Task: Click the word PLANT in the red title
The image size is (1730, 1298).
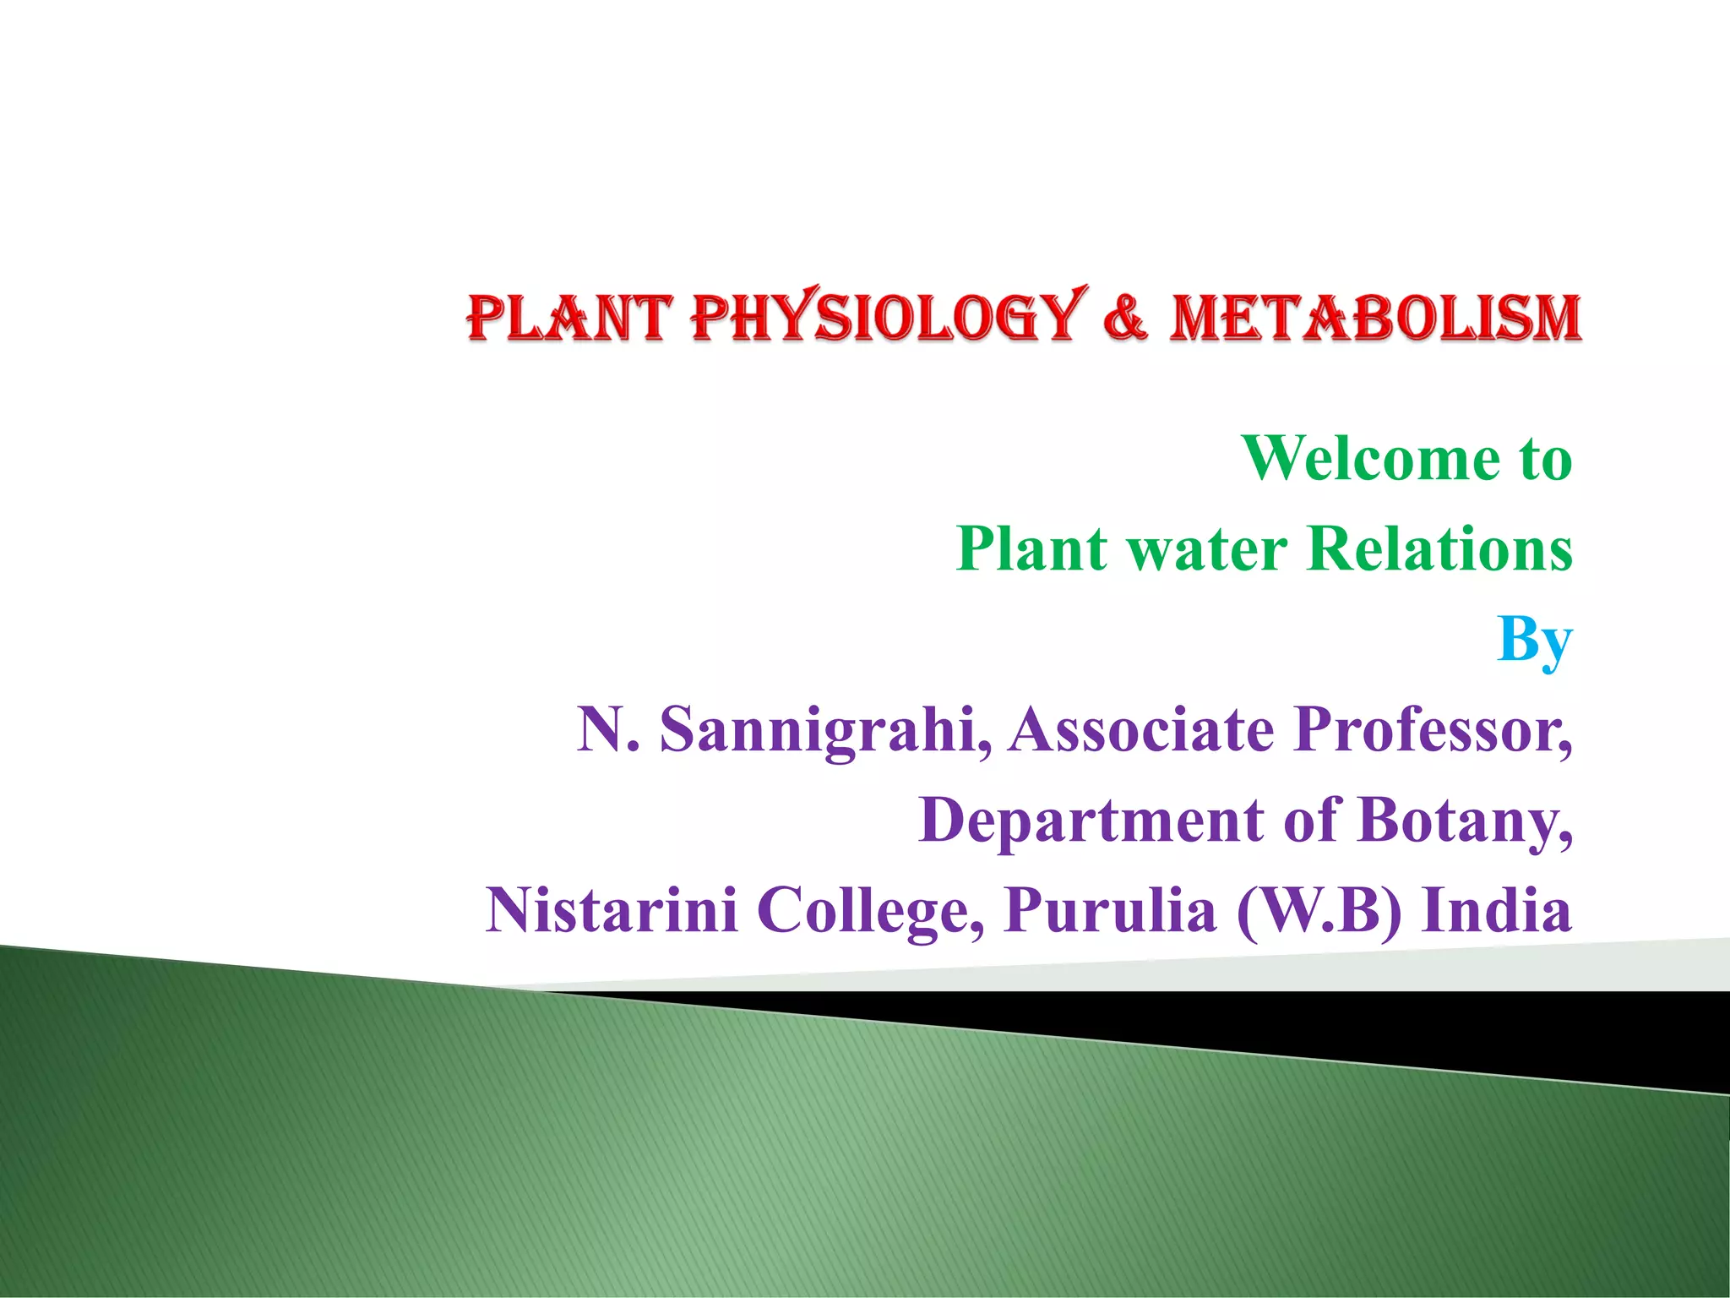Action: (x=569, y=318)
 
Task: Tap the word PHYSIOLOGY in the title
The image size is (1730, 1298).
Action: (x=887, y=318)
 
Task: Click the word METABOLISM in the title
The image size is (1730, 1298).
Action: (x=1374, y=318)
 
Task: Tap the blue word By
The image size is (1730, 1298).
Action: (x=1534, y=641)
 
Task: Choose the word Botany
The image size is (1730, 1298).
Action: (x=1466, y=821)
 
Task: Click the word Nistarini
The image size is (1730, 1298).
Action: (x=612, y=911)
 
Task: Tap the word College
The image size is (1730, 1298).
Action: (x=870, y=911)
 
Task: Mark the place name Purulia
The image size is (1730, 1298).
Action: (x=1111, y=911)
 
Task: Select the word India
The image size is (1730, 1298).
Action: (x=1496, y=911)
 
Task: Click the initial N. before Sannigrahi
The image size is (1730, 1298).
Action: (x=607, y=730)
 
